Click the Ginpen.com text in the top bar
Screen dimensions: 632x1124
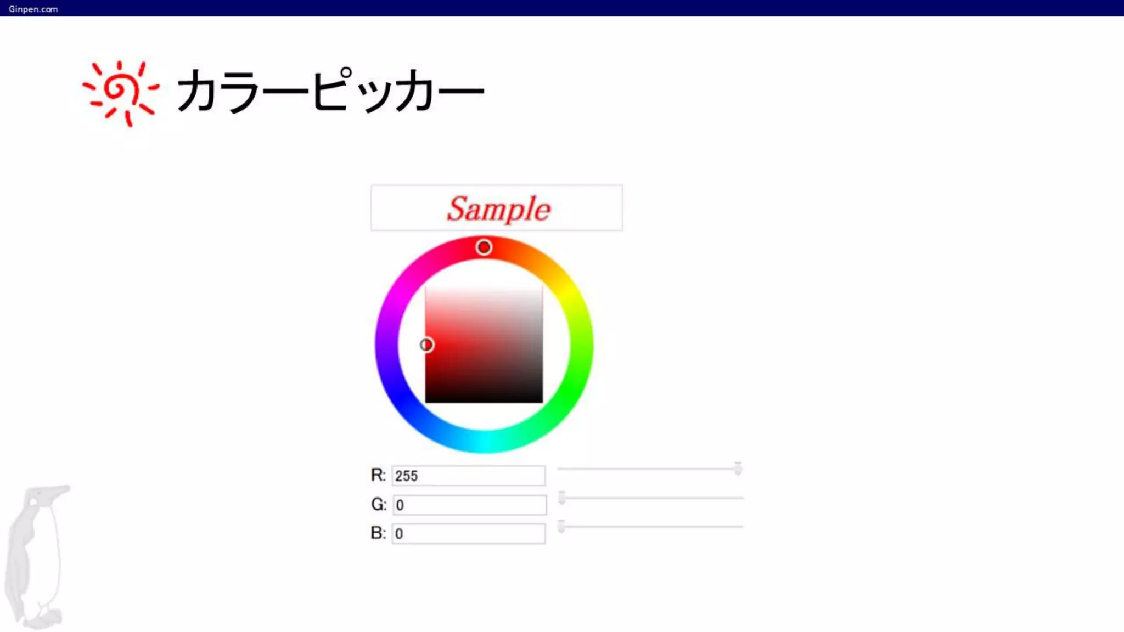pyautogui.click(x=33, y=9)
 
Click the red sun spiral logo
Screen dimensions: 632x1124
pyautogui.click(x=120, y=92)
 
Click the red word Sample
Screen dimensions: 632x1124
pyautogui.click(x=498, y=209)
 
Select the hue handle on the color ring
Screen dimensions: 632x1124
pyautogui.click(x=484, y=247)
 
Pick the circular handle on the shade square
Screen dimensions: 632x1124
pyautogui.click(x=426, y=345)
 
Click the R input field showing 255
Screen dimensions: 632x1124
pyautogui.click(x=468, y=476)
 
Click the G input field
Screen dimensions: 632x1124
pyautogui.click(x=469, y=505)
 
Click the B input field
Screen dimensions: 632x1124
pyautogui.click(x=468, y=533)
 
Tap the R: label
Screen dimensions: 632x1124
pyautogui.click(x=378, y=475)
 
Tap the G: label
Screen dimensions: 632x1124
pyautogui.click(x=379, y=504)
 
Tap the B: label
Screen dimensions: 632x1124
pyautogui.click(x=378, y=533)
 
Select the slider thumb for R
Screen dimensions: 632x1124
pyautogui.click(x=738, y=469)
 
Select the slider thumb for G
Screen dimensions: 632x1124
pyautogui.click(x=561, y=498)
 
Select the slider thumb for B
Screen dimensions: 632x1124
pyautogui.click(x=561, y=527)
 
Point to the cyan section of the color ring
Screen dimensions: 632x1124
pyautogui.click(x=484, y=442)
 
